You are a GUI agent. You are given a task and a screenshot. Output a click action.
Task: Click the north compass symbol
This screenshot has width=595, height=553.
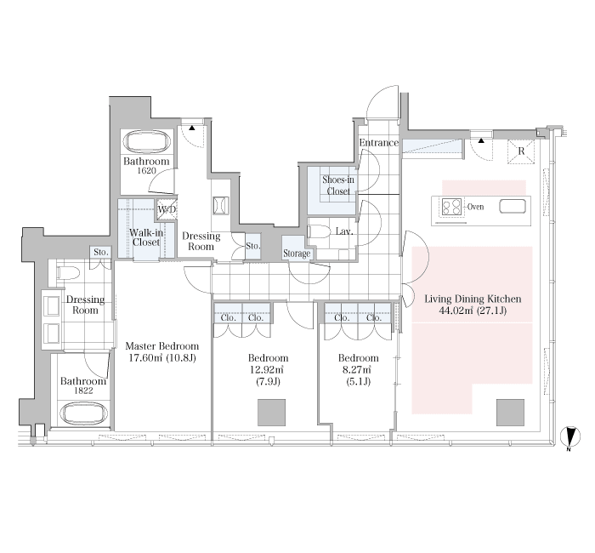point(570,436)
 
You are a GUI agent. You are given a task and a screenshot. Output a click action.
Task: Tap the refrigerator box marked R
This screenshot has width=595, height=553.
point(521,151)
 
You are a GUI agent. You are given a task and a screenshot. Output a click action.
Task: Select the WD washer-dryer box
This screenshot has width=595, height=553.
point(167,209)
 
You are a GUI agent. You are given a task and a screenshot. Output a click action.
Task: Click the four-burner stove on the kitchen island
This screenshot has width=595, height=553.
point(451,207)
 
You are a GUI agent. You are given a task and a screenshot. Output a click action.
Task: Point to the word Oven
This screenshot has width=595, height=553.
point(475,207)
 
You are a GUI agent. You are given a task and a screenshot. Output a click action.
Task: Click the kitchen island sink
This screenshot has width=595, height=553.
point(513,207)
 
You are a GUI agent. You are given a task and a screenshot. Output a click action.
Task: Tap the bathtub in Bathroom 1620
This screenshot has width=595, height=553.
point(147,142)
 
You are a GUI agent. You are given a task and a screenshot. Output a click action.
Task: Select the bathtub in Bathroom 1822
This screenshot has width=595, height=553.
point(83,413)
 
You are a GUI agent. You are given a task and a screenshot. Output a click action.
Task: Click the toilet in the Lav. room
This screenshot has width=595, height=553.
point(319,231)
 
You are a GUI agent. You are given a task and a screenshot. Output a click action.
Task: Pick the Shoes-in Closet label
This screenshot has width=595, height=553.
point(337,185)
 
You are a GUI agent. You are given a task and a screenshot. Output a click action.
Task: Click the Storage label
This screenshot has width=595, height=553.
point(297,254)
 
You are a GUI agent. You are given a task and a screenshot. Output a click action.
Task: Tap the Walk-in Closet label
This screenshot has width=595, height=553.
point(146,237)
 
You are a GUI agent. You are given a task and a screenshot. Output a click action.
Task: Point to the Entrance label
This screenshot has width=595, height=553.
point(379,143)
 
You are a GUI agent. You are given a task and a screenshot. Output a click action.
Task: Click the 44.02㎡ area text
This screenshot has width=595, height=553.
point(456,311)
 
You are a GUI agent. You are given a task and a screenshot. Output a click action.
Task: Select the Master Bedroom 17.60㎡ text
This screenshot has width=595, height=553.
point(162,351)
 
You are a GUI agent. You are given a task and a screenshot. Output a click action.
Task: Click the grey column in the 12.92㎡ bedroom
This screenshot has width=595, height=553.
point(271,413)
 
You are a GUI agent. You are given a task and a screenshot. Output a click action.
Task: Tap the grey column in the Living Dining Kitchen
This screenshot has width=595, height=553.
point(510,413)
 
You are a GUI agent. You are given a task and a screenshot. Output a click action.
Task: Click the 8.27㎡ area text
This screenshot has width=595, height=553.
point(358,369)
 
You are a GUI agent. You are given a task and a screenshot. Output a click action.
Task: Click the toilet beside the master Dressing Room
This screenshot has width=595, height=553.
point(68,272)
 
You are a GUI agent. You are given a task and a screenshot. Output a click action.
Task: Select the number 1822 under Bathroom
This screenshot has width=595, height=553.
point(83,391)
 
